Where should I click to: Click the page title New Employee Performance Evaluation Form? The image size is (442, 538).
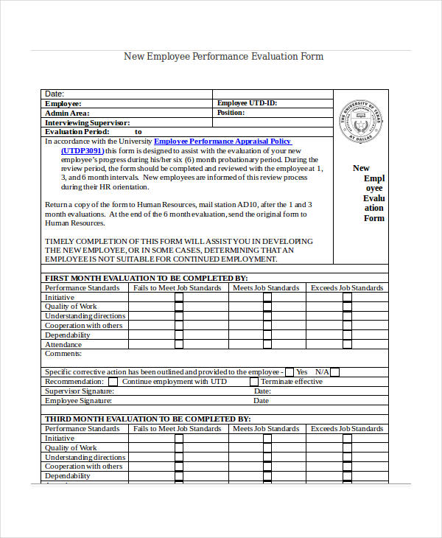click(223, 57)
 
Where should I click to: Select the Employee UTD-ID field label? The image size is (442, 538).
click(247, 104)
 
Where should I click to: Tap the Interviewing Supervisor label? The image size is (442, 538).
click(87, 123)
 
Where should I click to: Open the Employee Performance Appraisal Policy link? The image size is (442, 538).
click(222, 141)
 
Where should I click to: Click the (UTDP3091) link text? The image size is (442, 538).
click(82, 150)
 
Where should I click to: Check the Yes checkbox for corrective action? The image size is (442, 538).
click(290, 372)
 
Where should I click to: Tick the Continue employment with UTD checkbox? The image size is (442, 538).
click(113, 382)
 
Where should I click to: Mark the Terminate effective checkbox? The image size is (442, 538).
click(254, 382)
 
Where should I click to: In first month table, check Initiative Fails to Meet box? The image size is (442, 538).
click(179, 297)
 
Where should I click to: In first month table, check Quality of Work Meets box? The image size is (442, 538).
click(267, 307)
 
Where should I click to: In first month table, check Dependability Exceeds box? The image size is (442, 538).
click(348, 335)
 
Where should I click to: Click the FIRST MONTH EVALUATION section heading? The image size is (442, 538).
click(146, 278)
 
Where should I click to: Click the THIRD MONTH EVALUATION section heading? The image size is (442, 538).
click(147, 419)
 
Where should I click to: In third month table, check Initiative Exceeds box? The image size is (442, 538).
click(348, 438)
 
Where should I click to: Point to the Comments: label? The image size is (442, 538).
click(63, 354)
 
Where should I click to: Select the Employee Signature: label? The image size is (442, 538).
click(78, 401)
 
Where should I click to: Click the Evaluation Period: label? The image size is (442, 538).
click(77, 132)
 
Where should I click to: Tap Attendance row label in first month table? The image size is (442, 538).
click(63, 344)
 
